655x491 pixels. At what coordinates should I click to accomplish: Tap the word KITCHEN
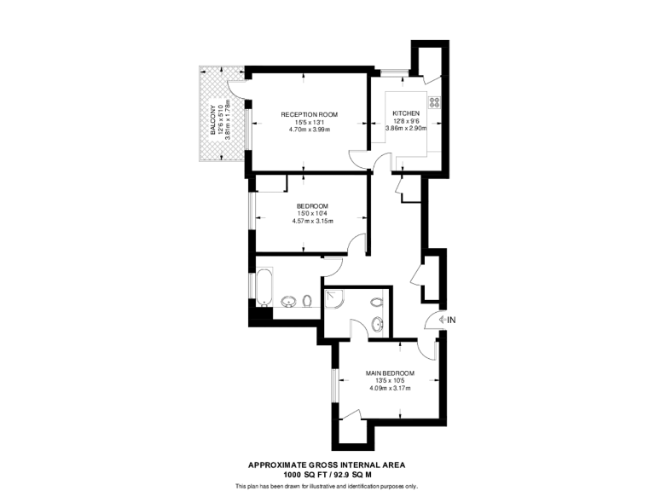coord(406,114)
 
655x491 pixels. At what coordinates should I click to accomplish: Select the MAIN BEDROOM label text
coord(390,373)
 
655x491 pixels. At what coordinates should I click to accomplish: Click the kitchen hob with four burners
coord(433,103)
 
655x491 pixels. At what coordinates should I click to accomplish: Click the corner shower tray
coord(334,299)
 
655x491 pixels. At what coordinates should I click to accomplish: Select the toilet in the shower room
coord(376,302)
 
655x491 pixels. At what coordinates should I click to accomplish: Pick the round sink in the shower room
coord(376,323)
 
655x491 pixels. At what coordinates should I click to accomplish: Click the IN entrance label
coord(452,320)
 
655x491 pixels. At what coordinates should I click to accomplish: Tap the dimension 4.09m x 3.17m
coord(390,390)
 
